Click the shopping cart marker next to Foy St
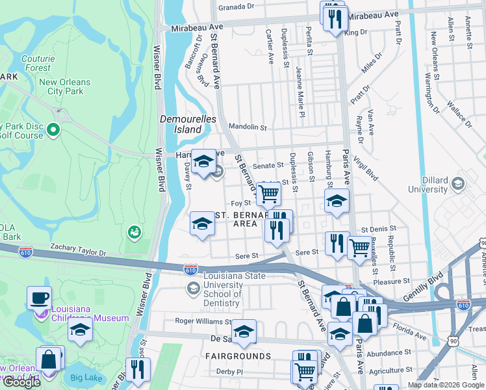(x=268, y=192)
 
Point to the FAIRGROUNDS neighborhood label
(x=238, y=356)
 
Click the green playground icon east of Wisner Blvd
(x=134, y=231)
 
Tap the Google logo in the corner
(x=21, y=382)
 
